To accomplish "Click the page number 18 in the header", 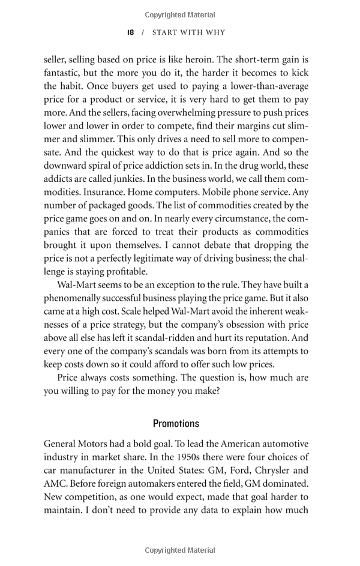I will [x=130, y=32].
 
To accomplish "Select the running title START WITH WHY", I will [x=188, y=32].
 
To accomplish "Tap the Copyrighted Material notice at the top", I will [x=180, y=15].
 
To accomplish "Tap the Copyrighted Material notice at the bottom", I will [x=180, y=550].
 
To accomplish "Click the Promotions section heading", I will [x=176, y=424].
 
